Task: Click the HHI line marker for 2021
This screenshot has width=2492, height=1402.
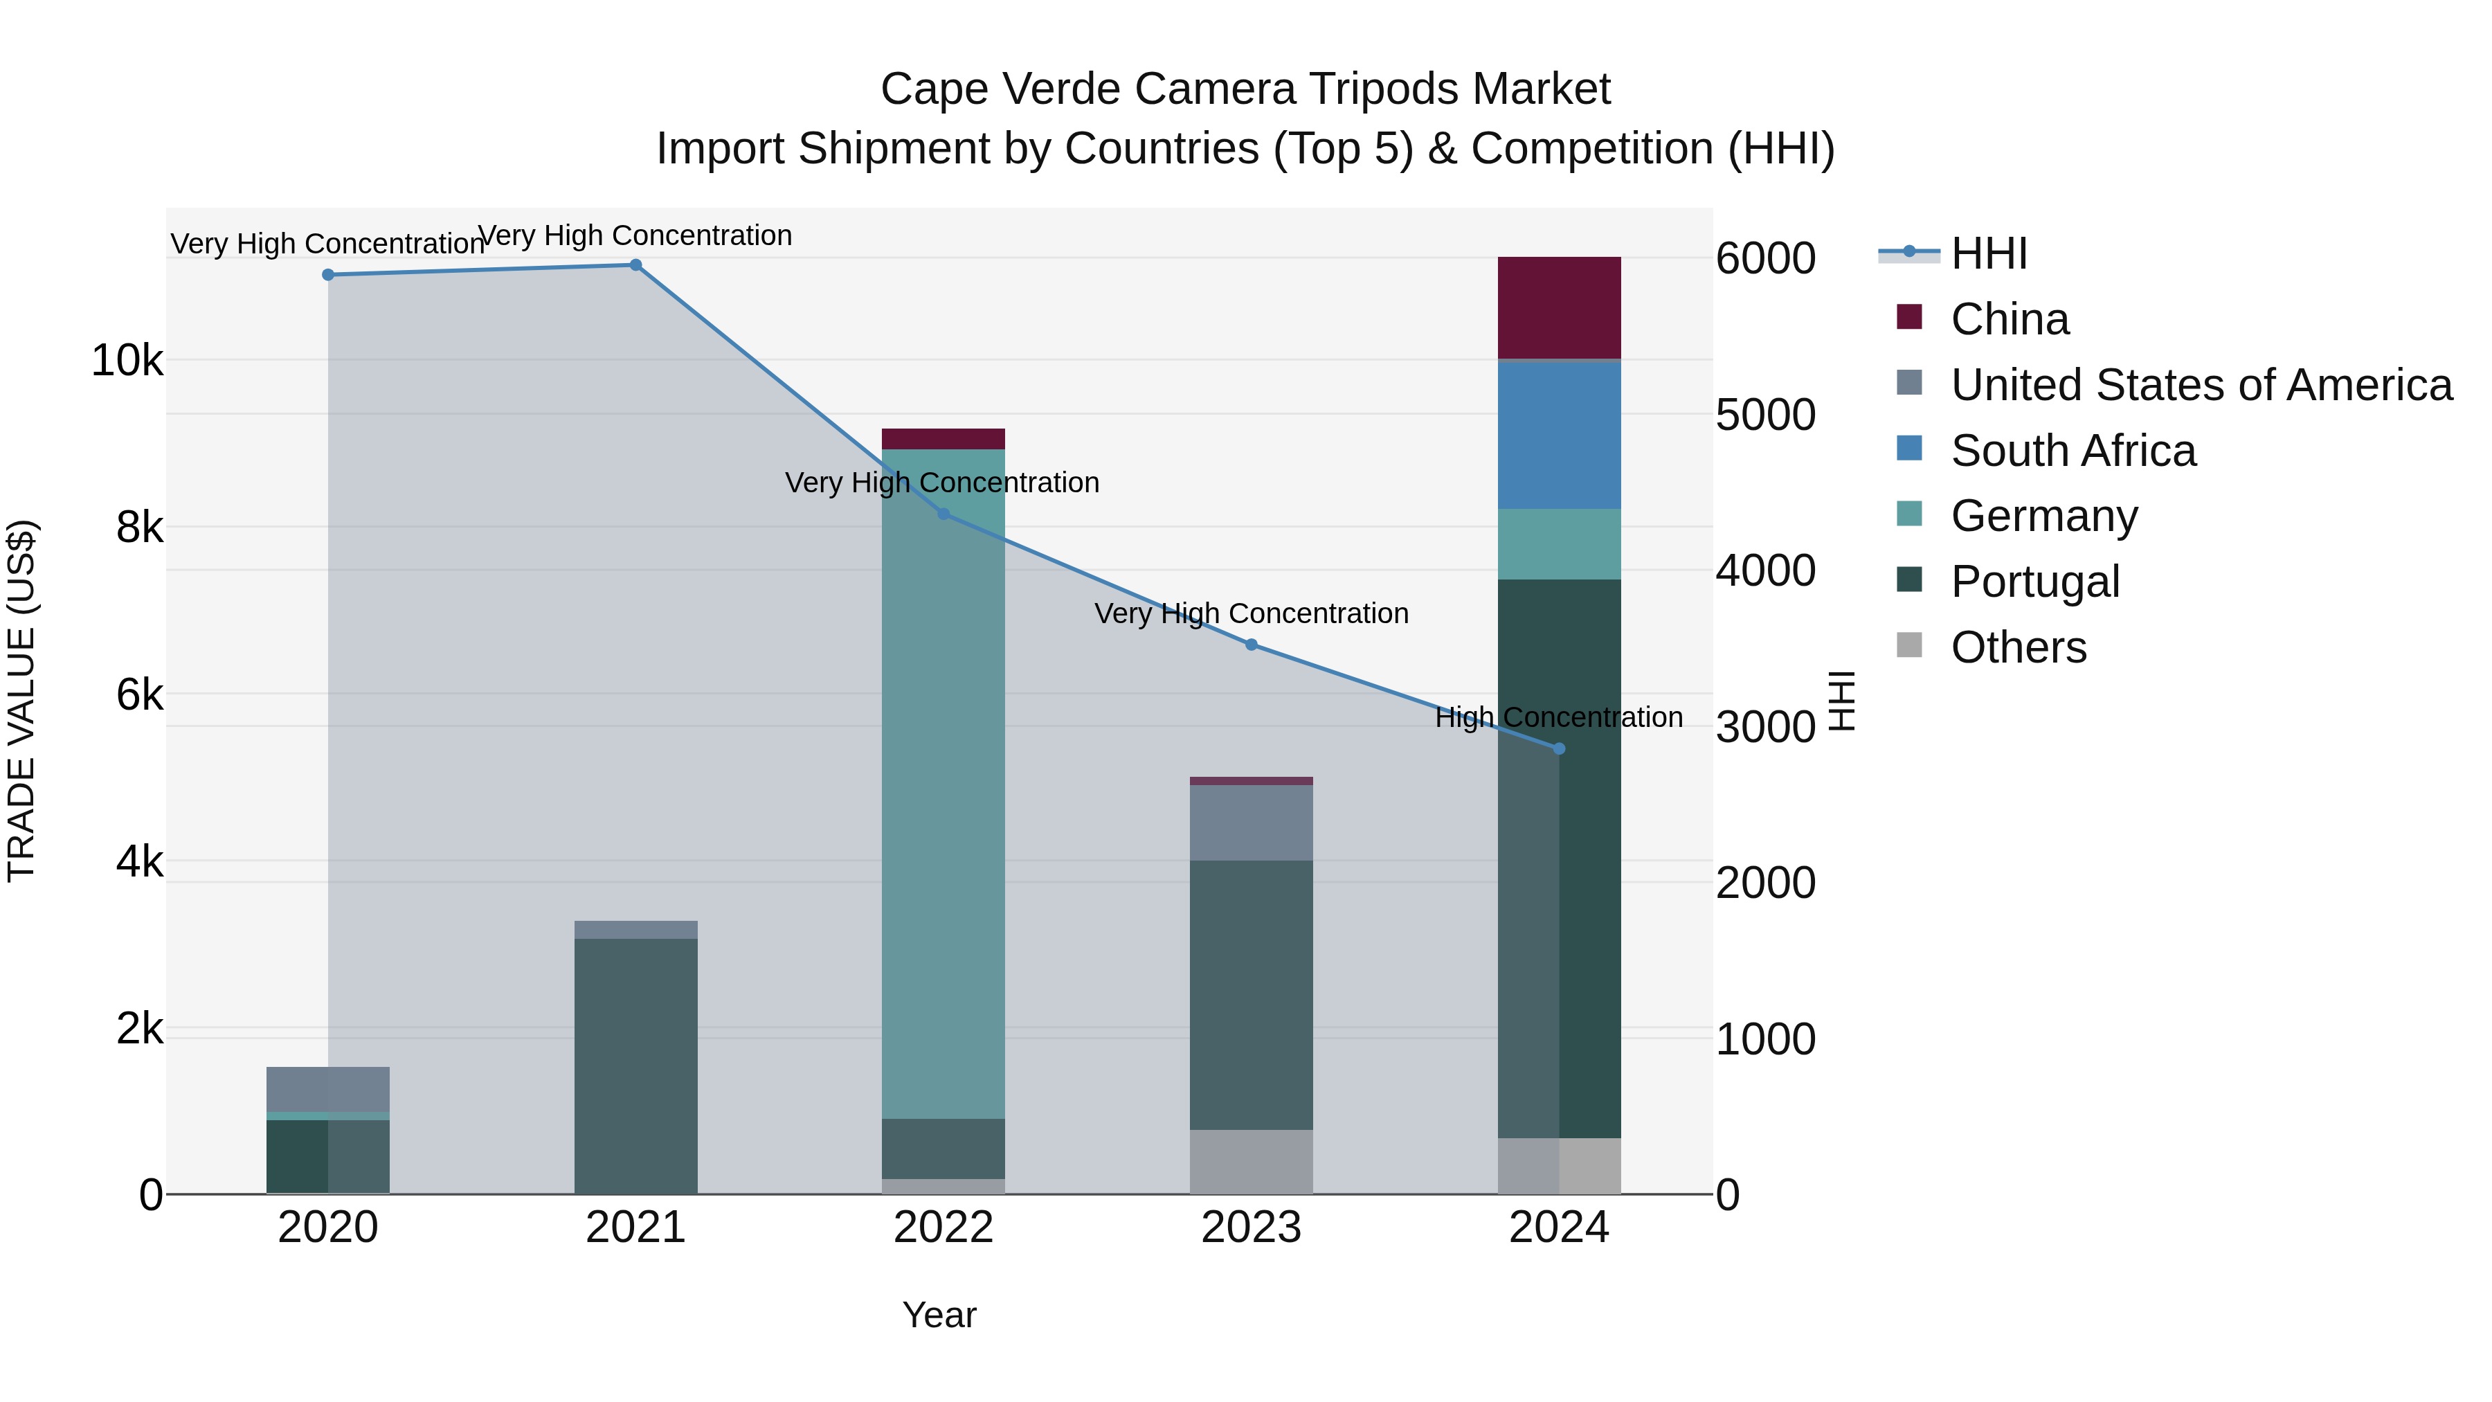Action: (635, 265)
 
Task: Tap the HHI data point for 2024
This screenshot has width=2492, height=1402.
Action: (1558, 749)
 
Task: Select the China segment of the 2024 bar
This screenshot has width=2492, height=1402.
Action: (1558, 307)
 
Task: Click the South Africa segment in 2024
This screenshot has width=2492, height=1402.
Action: (1558, 434)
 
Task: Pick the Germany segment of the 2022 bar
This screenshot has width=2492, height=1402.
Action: (943, 784)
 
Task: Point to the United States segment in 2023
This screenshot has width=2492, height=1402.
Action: (1251, 823)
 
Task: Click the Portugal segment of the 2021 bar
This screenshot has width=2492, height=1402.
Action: (635, 1064)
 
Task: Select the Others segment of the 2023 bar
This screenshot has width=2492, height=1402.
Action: (1251, 1161)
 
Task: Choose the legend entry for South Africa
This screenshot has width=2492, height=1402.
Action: (2073, 451)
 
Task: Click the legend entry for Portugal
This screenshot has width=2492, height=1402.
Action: (2034, 582)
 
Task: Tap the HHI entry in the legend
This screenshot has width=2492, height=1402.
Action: (1988, 253)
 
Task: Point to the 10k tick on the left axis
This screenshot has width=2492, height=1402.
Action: (127, 361)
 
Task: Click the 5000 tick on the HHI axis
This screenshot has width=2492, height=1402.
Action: (1764, 415)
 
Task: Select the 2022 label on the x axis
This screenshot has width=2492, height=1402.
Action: (943, 1228)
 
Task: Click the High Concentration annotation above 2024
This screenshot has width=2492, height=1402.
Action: (1558, 717)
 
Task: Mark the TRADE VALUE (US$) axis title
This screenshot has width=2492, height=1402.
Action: (21, 701)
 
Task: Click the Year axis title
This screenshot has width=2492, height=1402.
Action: (939, 1315)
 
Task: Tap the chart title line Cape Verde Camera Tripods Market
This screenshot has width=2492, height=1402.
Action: (1245, 89)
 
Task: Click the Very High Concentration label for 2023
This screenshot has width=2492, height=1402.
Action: (1251, 613)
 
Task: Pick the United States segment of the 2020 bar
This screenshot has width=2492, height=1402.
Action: (328, 1090)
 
